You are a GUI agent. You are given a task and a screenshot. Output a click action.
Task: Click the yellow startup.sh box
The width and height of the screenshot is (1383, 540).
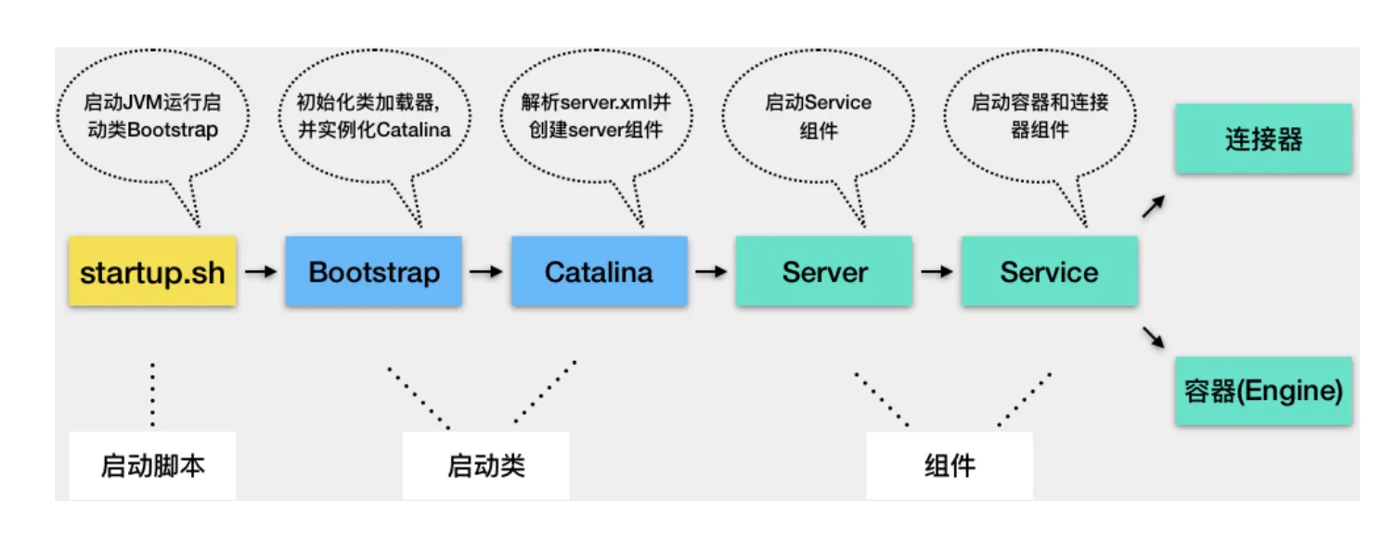coord(152,272)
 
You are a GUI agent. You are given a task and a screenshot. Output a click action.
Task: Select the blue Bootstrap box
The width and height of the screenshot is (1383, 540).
coord(373,272)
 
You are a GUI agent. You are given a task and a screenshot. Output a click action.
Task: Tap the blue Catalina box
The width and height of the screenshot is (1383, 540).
coord(599,272)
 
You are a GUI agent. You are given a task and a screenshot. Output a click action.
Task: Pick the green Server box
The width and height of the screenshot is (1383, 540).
coord(824,272)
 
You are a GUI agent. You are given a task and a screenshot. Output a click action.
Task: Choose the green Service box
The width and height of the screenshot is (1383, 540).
coord(1049,272)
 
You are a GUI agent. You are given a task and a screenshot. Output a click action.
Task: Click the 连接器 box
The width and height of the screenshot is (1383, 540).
coord(1263,140)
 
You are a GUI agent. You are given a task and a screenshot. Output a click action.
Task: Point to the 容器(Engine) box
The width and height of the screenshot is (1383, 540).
coord(1263,391)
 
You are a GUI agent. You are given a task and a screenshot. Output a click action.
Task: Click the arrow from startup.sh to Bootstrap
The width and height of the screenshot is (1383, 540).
coord(262,272)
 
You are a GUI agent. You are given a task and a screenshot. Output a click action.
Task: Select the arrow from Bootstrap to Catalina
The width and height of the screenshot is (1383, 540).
coord(485,272)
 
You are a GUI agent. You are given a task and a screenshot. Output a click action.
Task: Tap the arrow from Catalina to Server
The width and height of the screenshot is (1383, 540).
coord(711,272)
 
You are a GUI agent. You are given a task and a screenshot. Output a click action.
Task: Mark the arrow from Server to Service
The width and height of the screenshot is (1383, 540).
coord(937,272)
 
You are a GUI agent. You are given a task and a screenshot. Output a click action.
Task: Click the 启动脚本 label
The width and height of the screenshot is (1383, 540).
coord(152,465)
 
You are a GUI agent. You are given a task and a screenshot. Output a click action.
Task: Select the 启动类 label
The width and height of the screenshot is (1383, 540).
coord(485,465)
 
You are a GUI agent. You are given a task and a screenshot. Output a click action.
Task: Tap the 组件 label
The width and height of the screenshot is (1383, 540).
coord(950,465)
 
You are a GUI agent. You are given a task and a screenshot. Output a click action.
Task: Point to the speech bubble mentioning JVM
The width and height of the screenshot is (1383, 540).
coord(152,115)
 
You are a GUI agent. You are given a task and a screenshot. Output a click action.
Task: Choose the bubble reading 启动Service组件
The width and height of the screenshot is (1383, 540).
coord(818,115)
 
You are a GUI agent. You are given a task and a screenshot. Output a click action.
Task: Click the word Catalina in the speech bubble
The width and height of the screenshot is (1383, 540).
coord(412,129)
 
